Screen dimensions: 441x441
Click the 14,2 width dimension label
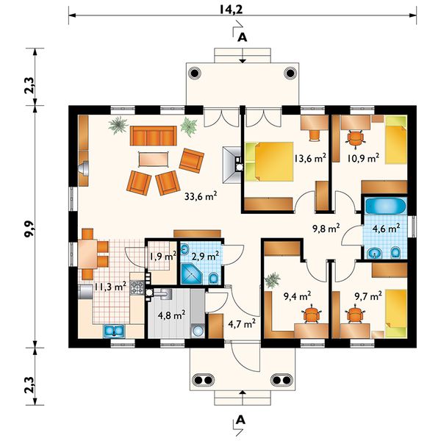[x=232, y=10]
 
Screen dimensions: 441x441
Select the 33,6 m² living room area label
[x=201, y=196]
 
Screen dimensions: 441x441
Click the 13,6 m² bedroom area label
[x=310, y=158]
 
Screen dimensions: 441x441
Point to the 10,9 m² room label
[x=363, y=158]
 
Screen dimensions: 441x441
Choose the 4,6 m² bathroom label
[x=386, y=228]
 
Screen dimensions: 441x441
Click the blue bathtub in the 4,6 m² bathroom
[x=386, y=206]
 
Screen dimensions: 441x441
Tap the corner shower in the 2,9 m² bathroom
[x=192, y=273]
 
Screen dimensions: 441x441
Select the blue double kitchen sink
[x=114, y=331]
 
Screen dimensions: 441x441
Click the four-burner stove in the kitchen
[x=137, y=287]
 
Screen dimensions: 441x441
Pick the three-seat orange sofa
[x=154, y=135]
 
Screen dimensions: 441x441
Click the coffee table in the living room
[x=154, y=159]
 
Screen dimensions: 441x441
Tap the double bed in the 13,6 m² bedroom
[x=269, y=161]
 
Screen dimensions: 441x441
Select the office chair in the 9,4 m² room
[x=312, y=314]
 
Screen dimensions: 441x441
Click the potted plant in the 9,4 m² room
[x=273, y=280]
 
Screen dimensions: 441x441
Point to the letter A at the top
[x=242, y=37]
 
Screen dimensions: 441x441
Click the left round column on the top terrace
[x=195, y=73]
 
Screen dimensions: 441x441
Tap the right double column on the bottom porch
[x=282, y=380]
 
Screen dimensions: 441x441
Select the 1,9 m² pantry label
[x=162, y=257]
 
